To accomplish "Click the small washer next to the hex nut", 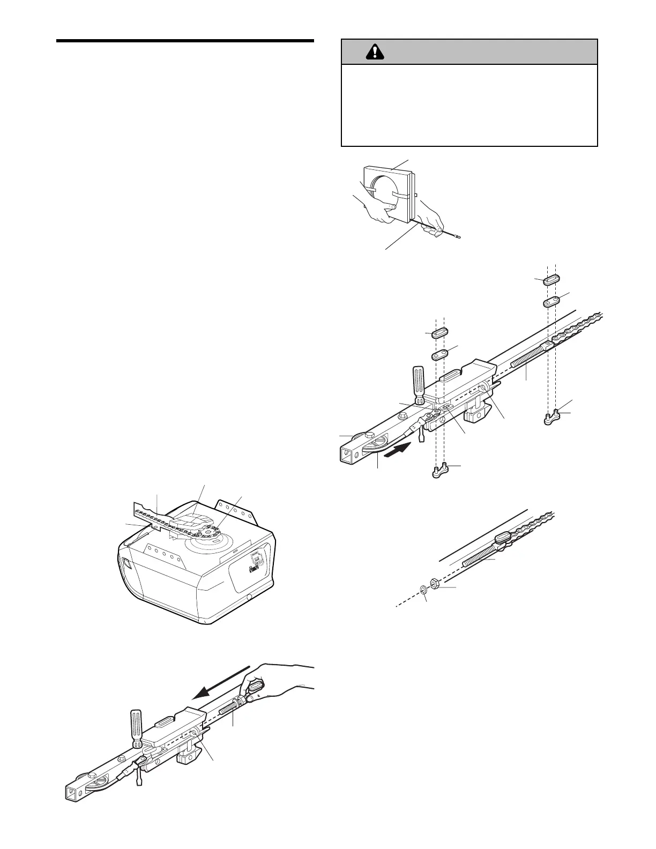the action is (423, 590).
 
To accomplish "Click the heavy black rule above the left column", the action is (185, 41).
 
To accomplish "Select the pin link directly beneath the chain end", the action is (553, 417).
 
